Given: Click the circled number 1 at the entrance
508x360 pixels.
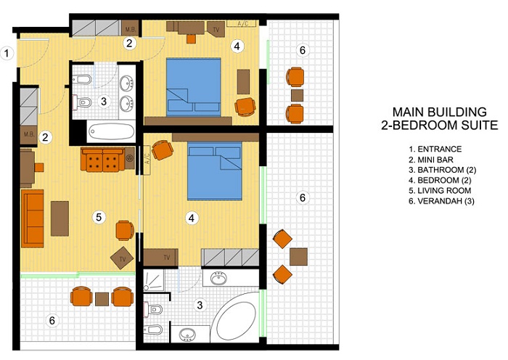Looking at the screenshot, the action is coord(7,53).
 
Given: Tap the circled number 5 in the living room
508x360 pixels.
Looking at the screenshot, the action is coord(99,217).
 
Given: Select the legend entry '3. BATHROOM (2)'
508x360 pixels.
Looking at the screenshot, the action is coord(442,170).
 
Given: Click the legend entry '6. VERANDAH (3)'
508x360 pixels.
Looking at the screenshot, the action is coord(441,201).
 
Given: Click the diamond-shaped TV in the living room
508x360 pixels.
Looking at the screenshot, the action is coord(122,258).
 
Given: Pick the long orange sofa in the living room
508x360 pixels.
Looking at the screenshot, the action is coord(33,218).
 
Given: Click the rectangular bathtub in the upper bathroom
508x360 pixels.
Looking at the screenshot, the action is coord(112,131).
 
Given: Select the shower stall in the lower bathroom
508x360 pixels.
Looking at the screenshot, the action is coord(154,279).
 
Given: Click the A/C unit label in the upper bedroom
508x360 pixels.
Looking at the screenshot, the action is coord(242,23).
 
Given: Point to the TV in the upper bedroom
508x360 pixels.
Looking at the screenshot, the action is coord(216,29).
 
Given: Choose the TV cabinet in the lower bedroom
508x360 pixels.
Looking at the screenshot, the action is coord(160,258).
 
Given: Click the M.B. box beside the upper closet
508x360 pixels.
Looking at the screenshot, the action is coord(131,28).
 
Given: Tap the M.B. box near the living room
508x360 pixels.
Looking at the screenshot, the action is coord(29,134).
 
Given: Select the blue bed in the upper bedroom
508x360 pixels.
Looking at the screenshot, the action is coord(194,87).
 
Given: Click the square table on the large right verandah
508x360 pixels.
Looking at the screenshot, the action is coord(298,257).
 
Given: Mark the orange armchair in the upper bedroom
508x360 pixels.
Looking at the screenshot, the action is coord(245,107).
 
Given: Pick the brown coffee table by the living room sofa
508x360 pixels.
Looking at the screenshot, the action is coord(60,218).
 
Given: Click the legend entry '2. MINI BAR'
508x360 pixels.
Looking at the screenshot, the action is coord(431,160).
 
